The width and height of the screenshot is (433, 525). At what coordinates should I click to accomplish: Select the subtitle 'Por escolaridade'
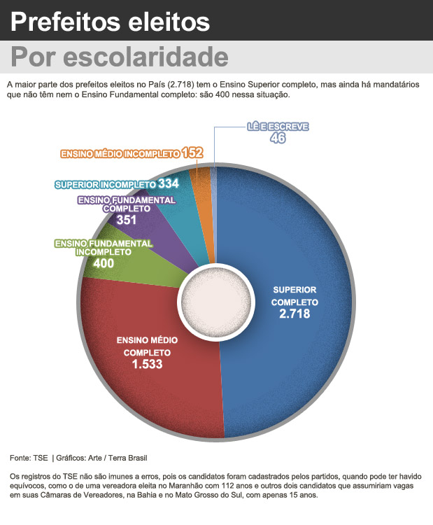(x=119, y=55)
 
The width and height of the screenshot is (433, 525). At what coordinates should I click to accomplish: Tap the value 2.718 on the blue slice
(x=294, y=315)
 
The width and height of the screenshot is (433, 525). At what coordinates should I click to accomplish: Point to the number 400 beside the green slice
(x=103, y=263)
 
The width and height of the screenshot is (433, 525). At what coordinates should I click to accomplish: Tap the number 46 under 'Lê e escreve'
(x=278, y=139)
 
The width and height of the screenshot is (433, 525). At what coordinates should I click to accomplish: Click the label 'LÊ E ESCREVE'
(x=278, y=127)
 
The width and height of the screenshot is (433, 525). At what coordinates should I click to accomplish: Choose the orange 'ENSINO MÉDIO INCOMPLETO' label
(x=120, y=153)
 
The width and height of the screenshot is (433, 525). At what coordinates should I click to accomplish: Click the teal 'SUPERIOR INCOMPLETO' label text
(x=106, y=185)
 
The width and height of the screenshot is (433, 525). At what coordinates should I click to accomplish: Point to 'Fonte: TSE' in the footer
(x=29, y=458)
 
